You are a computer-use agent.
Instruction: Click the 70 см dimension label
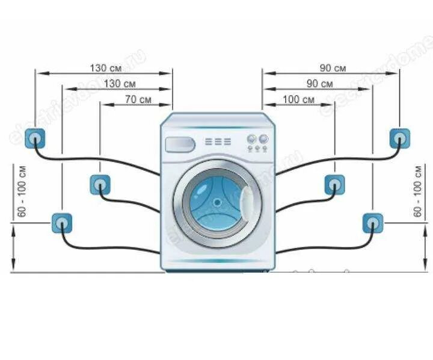click(138, 99)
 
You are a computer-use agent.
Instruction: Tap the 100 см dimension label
click(298, 99)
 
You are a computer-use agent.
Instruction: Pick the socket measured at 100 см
click(334, 184)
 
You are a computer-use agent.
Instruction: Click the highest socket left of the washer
click(35, 138)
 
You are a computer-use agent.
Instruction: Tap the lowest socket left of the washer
click(61, 223)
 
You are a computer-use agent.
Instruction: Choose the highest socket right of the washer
click(398, 138)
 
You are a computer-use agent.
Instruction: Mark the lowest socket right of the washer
click(372, 223)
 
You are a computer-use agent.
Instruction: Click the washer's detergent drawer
click(180, 144)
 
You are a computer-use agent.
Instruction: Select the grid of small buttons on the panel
click(218, 142)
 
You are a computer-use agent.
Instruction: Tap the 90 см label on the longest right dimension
click(333, 68)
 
